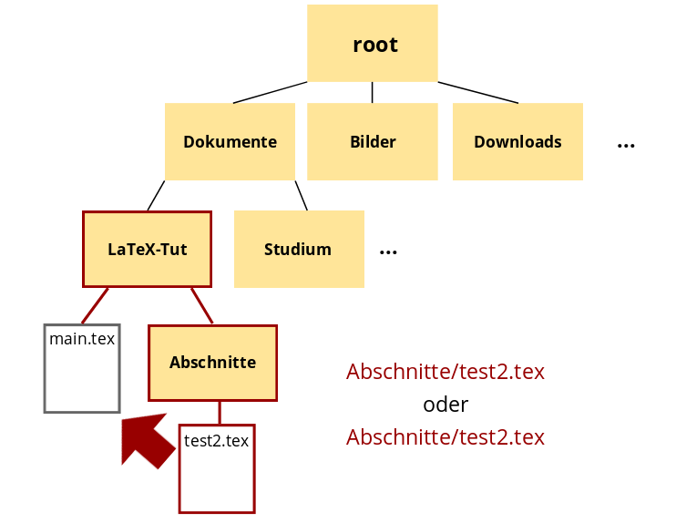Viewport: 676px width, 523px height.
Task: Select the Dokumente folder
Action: coord(230,141)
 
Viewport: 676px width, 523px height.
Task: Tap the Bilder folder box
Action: coord(372,141)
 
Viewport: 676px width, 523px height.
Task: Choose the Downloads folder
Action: coord(517,141)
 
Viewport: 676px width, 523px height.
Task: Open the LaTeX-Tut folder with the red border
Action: coord(147,249)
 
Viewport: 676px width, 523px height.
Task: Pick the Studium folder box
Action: coord(299,249)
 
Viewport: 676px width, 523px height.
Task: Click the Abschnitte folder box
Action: coord(212,363)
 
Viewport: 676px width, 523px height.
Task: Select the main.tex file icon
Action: coord(82,368)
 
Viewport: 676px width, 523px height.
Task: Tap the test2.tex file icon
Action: coord(217,468)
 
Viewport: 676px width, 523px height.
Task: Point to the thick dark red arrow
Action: coord(147,440)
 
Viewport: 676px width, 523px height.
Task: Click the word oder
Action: coord(446,405)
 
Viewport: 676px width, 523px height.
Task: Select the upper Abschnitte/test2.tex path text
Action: coord(446,372)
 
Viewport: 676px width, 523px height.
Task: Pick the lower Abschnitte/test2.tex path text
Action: coord(446,437)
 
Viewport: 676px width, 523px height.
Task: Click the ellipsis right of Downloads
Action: coord(626,145)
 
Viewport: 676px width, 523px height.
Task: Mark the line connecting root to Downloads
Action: coord(477,92)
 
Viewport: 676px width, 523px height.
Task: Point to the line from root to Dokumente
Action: coord(270,92)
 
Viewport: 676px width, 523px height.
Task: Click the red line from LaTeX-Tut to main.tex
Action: coord(95,306)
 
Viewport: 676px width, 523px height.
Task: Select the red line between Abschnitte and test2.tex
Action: coord(219,413)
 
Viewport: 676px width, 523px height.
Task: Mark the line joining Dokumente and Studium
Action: coord(301,195)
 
